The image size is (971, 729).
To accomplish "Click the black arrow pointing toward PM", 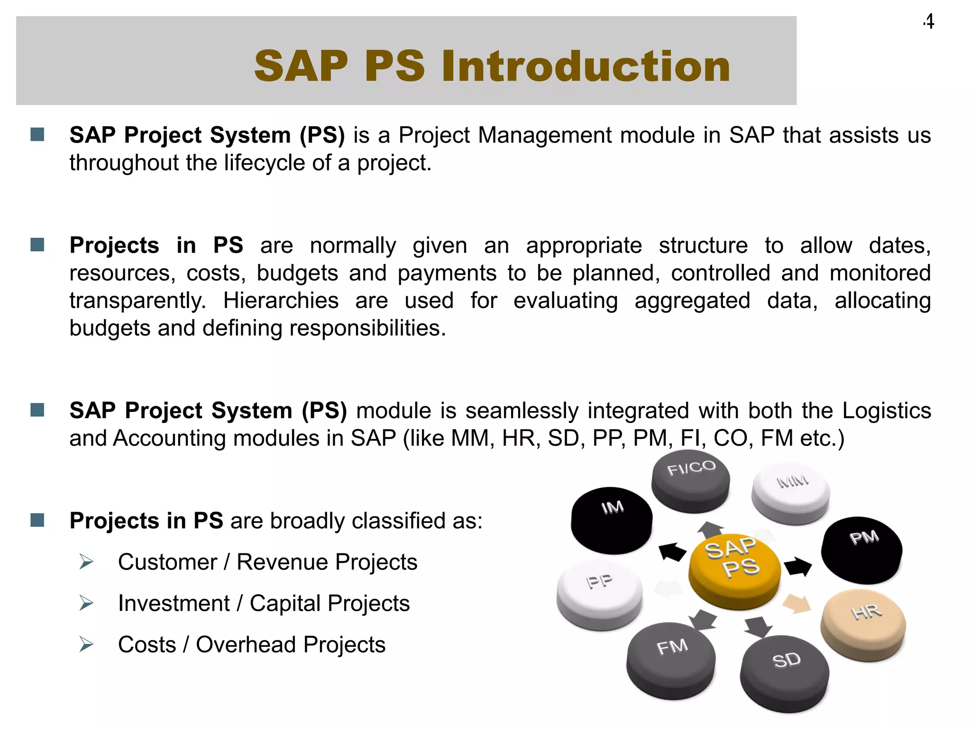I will click(x=798, y=567).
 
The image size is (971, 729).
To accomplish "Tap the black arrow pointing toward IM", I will click(x=672, y=551).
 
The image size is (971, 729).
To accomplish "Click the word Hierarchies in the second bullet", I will click(x=281, y=301).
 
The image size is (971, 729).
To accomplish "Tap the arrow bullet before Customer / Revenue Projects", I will click(x=86, y=562).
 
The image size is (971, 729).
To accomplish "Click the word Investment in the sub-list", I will click(x=174, y=604).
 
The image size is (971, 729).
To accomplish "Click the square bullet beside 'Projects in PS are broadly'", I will click(x=37, y=520).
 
